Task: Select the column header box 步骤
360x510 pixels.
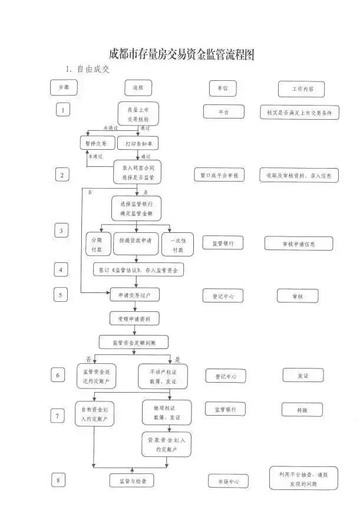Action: click(64, 88)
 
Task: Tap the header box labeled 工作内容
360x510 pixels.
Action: click(301, 89)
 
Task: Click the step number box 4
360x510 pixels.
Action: click(62, 269)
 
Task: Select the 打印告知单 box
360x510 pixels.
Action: click(138, 144)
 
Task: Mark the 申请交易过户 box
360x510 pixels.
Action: click(134, 294)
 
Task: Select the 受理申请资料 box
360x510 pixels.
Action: click(134, 318)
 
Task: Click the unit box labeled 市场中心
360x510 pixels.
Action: click(227, 482)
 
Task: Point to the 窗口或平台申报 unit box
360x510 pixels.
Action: click(219, 175)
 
